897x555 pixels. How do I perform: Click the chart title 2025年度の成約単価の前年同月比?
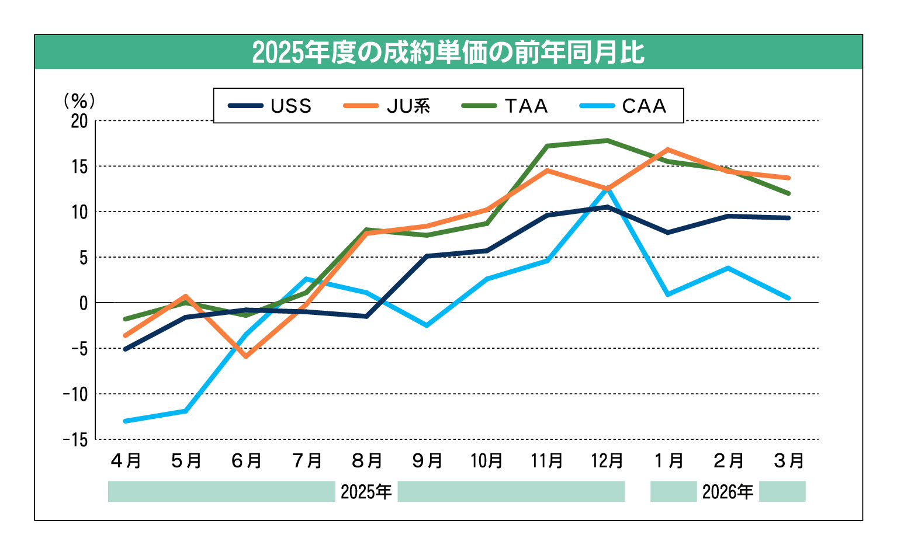pyautogui.click(x=448, y=53)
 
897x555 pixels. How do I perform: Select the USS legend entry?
pyautogui.click(x=270, y=106)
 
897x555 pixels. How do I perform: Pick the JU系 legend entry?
pyautogui.click(x=387, y=106)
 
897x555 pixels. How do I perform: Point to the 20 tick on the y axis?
pyautogui.click(x=79, y=121)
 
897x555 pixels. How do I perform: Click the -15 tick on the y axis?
pyautogui.click(x=76, y=439)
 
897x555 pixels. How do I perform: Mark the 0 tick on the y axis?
pyautogui.click(x=84, y=303)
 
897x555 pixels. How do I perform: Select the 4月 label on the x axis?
pyautogui.click(x=126, y=461)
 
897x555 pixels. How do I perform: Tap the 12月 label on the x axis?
pyautogui.click(x=607, y=461)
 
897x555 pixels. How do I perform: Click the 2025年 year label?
pyautogui.click(x=366, y=492)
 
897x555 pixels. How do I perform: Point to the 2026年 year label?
pyautogui.click(x=728, y=492)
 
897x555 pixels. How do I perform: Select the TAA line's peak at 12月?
pyautogui.click(x=608, y=140)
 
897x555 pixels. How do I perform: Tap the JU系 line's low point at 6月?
pyautogui.click(x=246, y=356)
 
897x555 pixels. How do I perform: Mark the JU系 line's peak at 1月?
pyautogui.click(x=667, y=150)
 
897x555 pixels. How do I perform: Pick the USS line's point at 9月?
pyautogui.click(x=427, y=256)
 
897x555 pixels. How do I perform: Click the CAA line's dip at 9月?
pyautogui.click(x=427, y=325)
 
